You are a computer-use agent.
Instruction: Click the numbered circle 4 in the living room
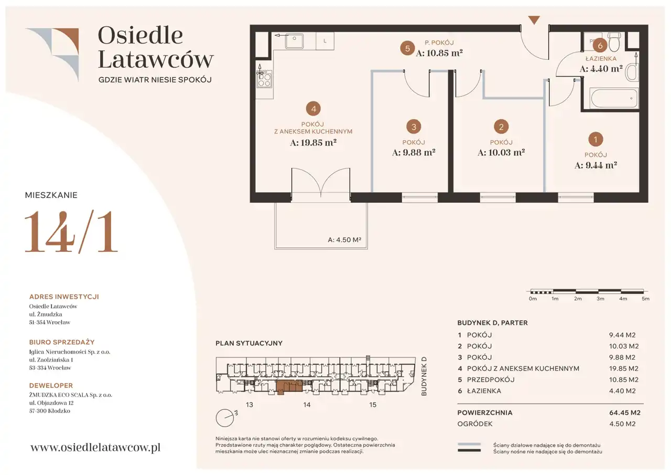click(313, 109)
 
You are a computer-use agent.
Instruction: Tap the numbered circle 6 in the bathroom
click(600, 46)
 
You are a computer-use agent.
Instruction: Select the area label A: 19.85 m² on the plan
click(313, 142)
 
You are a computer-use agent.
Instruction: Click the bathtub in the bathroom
click(614, 98)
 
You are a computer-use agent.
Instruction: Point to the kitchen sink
click(294, 41)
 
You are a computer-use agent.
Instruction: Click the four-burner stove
click(265, 79)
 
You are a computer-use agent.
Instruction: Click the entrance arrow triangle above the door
click(534, 20)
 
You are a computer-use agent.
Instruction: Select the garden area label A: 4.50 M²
click(344, 240)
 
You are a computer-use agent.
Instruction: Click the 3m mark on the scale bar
click(600, 299)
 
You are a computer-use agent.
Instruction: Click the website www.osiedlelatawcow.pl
click(95, 447)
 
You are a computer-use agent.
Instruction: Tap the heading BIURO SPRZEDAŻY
click(62, 342)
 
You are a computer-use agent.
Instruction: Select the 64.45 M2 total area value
click(624, 413)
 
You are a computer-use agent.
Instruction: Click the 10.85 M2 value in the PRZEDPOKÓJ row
click(624, 379)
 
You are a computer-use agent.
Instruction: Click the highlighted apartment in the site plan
click(289, 387)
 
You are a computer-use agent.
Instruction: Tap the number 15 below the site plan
click(372, 405)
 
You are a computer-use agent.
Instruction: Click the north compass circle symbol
click(225, 418)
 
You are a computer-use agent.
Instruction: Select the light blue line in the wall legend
click(469, 445)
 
